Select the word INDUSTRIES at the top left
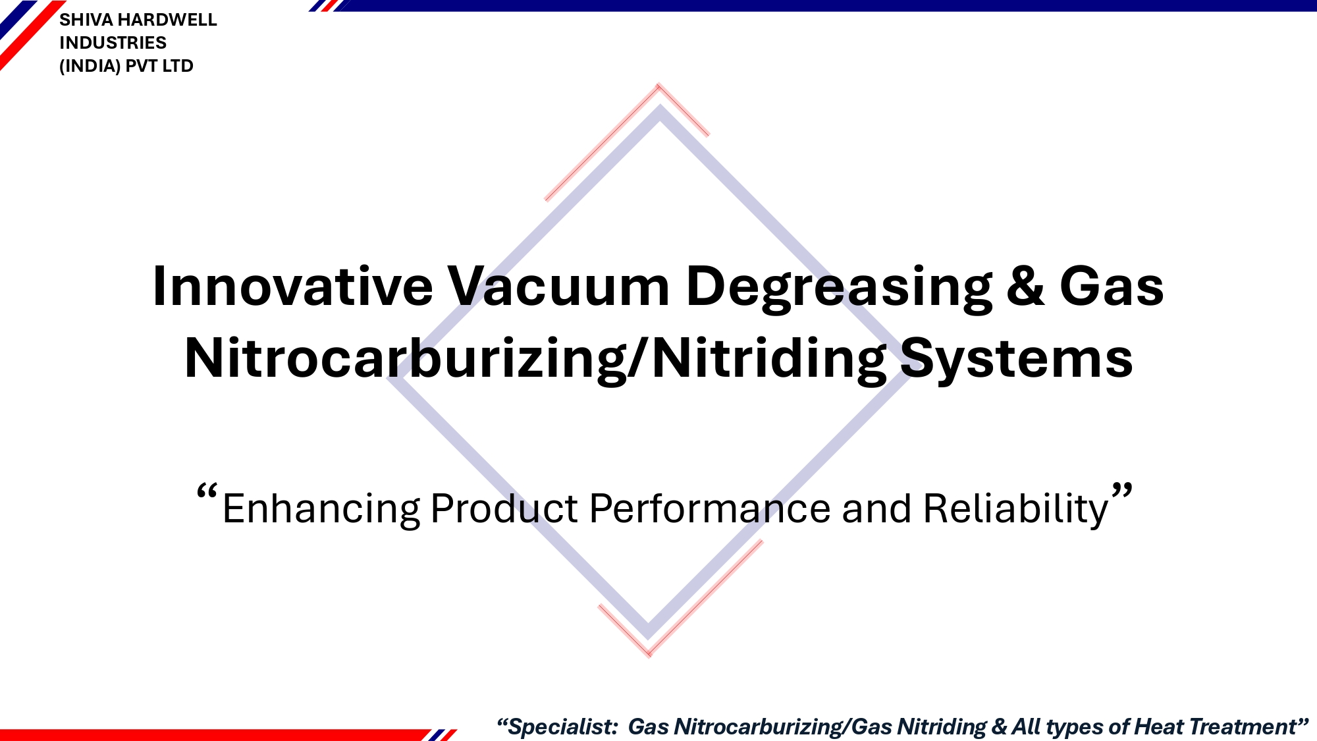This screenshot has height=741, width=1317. pyautogui.click(x=113, y=43)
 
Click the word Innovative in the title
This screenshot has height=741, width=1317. pyautogui.click(x=292, y=287)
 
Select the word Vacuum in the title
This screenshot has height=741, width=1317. pyautogui.click(x=558, y=287)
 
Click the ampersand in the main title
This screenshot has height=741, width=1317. pyautogui.click(x=1025, y=287)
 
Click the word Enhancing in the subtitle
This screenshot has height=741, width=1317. pyautogui.click(x=321, y=509)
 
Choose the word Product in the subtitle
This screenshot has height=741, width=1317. pyautogui.click(x=504, y=508)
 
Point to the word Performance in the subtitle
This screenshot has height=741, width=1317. pyautogui.click(x=710, y=508)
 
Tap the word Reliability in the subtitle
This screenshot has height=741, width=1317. pyautogui.click(x=1016, y=509)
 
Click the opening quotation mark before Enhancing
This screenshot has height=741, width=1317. pyautogui.click(x=207, y=492)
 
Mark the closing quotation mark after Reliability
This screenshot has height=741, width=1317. pyautogui.click(x=1122, y=491)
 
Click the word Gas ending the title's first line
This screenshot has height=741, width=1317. pyautogui.click(x=1112, y=287)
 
